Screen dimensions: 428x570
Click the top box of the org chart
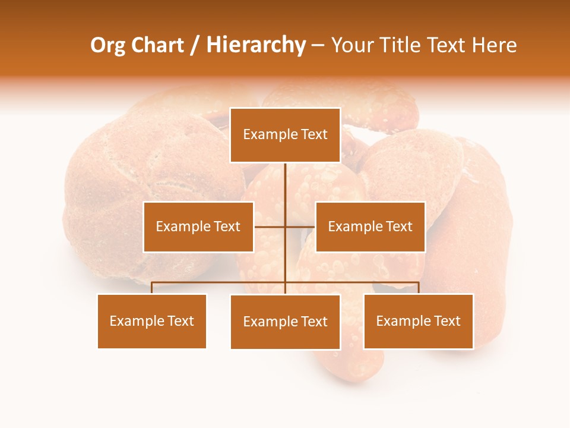coord(285,135)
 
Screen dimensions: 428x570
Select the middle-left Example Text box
coord(198,226)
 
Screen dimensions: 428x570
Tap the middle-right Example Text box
coord(370,226)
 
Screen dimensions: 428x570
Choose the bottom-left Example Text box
coord(152,321)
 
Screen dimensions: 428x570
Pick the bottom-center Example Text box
coord(285,322)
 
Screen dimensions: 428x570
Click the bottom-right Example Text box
coord(419,321)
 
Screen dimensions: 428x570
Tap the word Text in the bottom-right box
coord(447,321)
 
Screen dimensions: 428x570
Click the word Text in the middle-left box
coord(227,226)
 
